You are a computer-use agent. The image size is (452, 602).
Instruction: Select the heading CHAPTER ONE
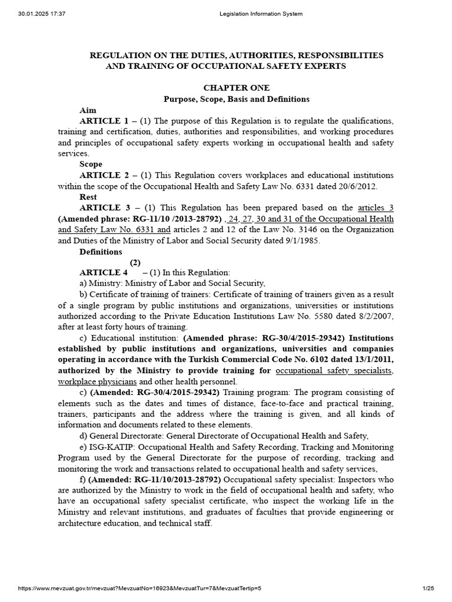click(x=236, y=88)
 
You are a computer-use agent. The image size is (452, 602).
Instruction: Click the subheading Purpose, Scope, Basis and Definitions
click(x=236, y=99)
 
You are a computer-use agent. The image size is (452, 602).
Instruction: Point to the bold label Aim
click(x=88, y=110)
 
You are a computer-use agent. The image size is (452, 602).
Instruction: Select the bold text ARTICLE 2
click(x=104, y=175)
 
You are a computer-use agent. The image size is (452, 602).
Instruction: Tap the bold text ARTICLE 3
click(x=104, y=208)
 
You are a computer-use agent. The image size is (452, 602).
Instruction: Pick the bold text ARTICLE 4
click(x=104, y=272)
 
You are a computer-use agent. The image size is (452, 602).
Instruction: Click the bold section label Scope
click(x=91, y=164)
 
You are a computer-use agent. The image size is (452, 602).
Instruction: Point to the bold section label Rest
click(x=88, y=197)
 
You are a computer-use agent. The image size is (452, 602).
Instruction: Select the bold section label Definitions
click(x=102, y=252)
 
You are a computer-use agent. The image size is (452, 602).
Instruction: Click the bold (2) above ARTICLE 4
click(x=135, y=262)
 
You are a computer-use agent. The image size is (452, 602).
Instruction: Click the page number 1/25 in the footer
click(x=428, y=588)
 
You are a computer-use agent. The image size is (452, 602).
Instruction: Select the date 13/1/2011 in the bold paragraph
click(x=371, y=359)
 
